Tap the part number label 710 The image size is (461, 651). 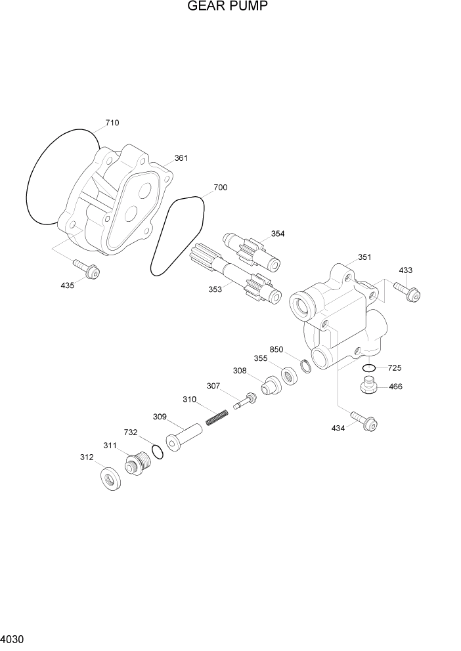click(x=112, y=123)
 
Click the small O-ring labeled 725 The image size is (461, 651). click(x=368, y=367)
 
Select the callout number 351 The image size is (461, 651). click(x=364, y=257)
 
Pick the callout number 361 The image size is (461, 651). click(x=181, y=158)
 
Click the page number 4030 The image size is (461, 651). click(x=13, y=639)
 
